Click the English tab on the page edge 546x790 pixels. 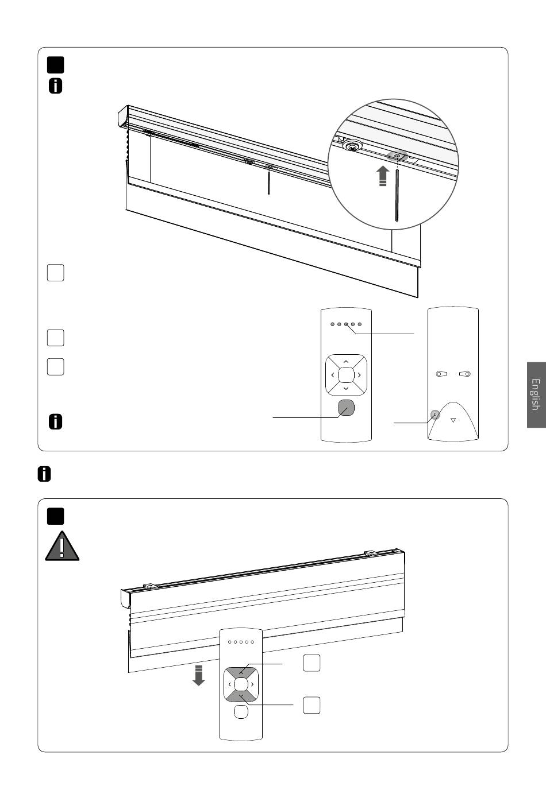click(536, 395)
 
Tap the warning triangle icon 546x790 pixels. click(62, 547)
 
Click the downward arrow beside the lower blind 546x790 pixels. click(199, 675)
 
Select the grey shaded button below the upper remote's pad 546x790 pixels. click(346, 408)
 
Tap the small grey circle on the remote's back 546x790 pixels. click(435, 415)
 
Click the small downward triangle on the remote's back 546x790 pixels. click(453, 420)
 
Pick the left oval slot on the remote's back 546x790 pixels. click(441, 374)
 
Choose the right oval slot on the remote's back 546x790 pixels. click(465, 374)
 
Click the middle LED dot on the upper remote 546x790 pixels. click(346, 324)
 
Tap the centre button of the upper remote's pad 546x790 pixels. click(346, 375)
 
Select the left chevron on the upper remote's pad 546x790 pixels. click(332, 375)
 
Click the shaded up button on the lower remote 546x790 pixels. click(241, 672)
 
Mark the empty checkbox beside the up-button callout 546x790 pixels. click(312, 663)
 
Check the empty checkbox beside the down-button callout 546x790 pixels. click(312, 705)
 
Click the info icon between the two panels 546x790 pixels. click(44, 474)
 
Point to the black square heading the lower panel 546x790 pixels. click(55, 516)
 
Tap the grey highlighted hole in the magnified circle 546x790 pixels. click(397, 156)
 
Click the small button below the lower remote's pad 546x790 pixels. click(241, 712)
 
